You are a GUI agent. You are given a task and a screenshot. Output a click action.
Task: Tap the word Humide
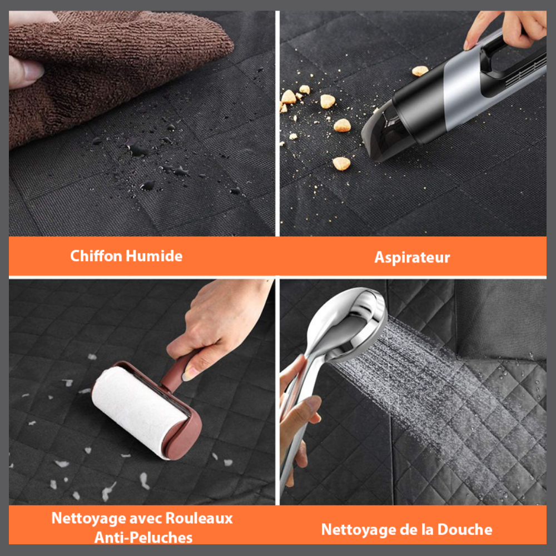(154, 256)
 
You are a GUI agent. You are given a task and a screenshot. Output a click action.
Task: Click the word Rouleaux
(199, 518)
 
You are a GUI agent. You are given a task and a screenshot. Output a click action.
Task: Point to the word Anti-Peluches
(143, 538)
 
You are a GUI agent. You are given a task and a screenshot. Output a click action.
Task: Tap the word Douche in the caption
(464, 529)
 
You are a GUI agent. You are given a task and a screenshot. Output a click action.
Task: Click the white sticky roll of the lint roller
(138, 411)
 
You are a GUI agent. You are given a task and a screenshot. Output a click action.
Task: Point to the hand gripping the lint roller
(220, 326)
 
